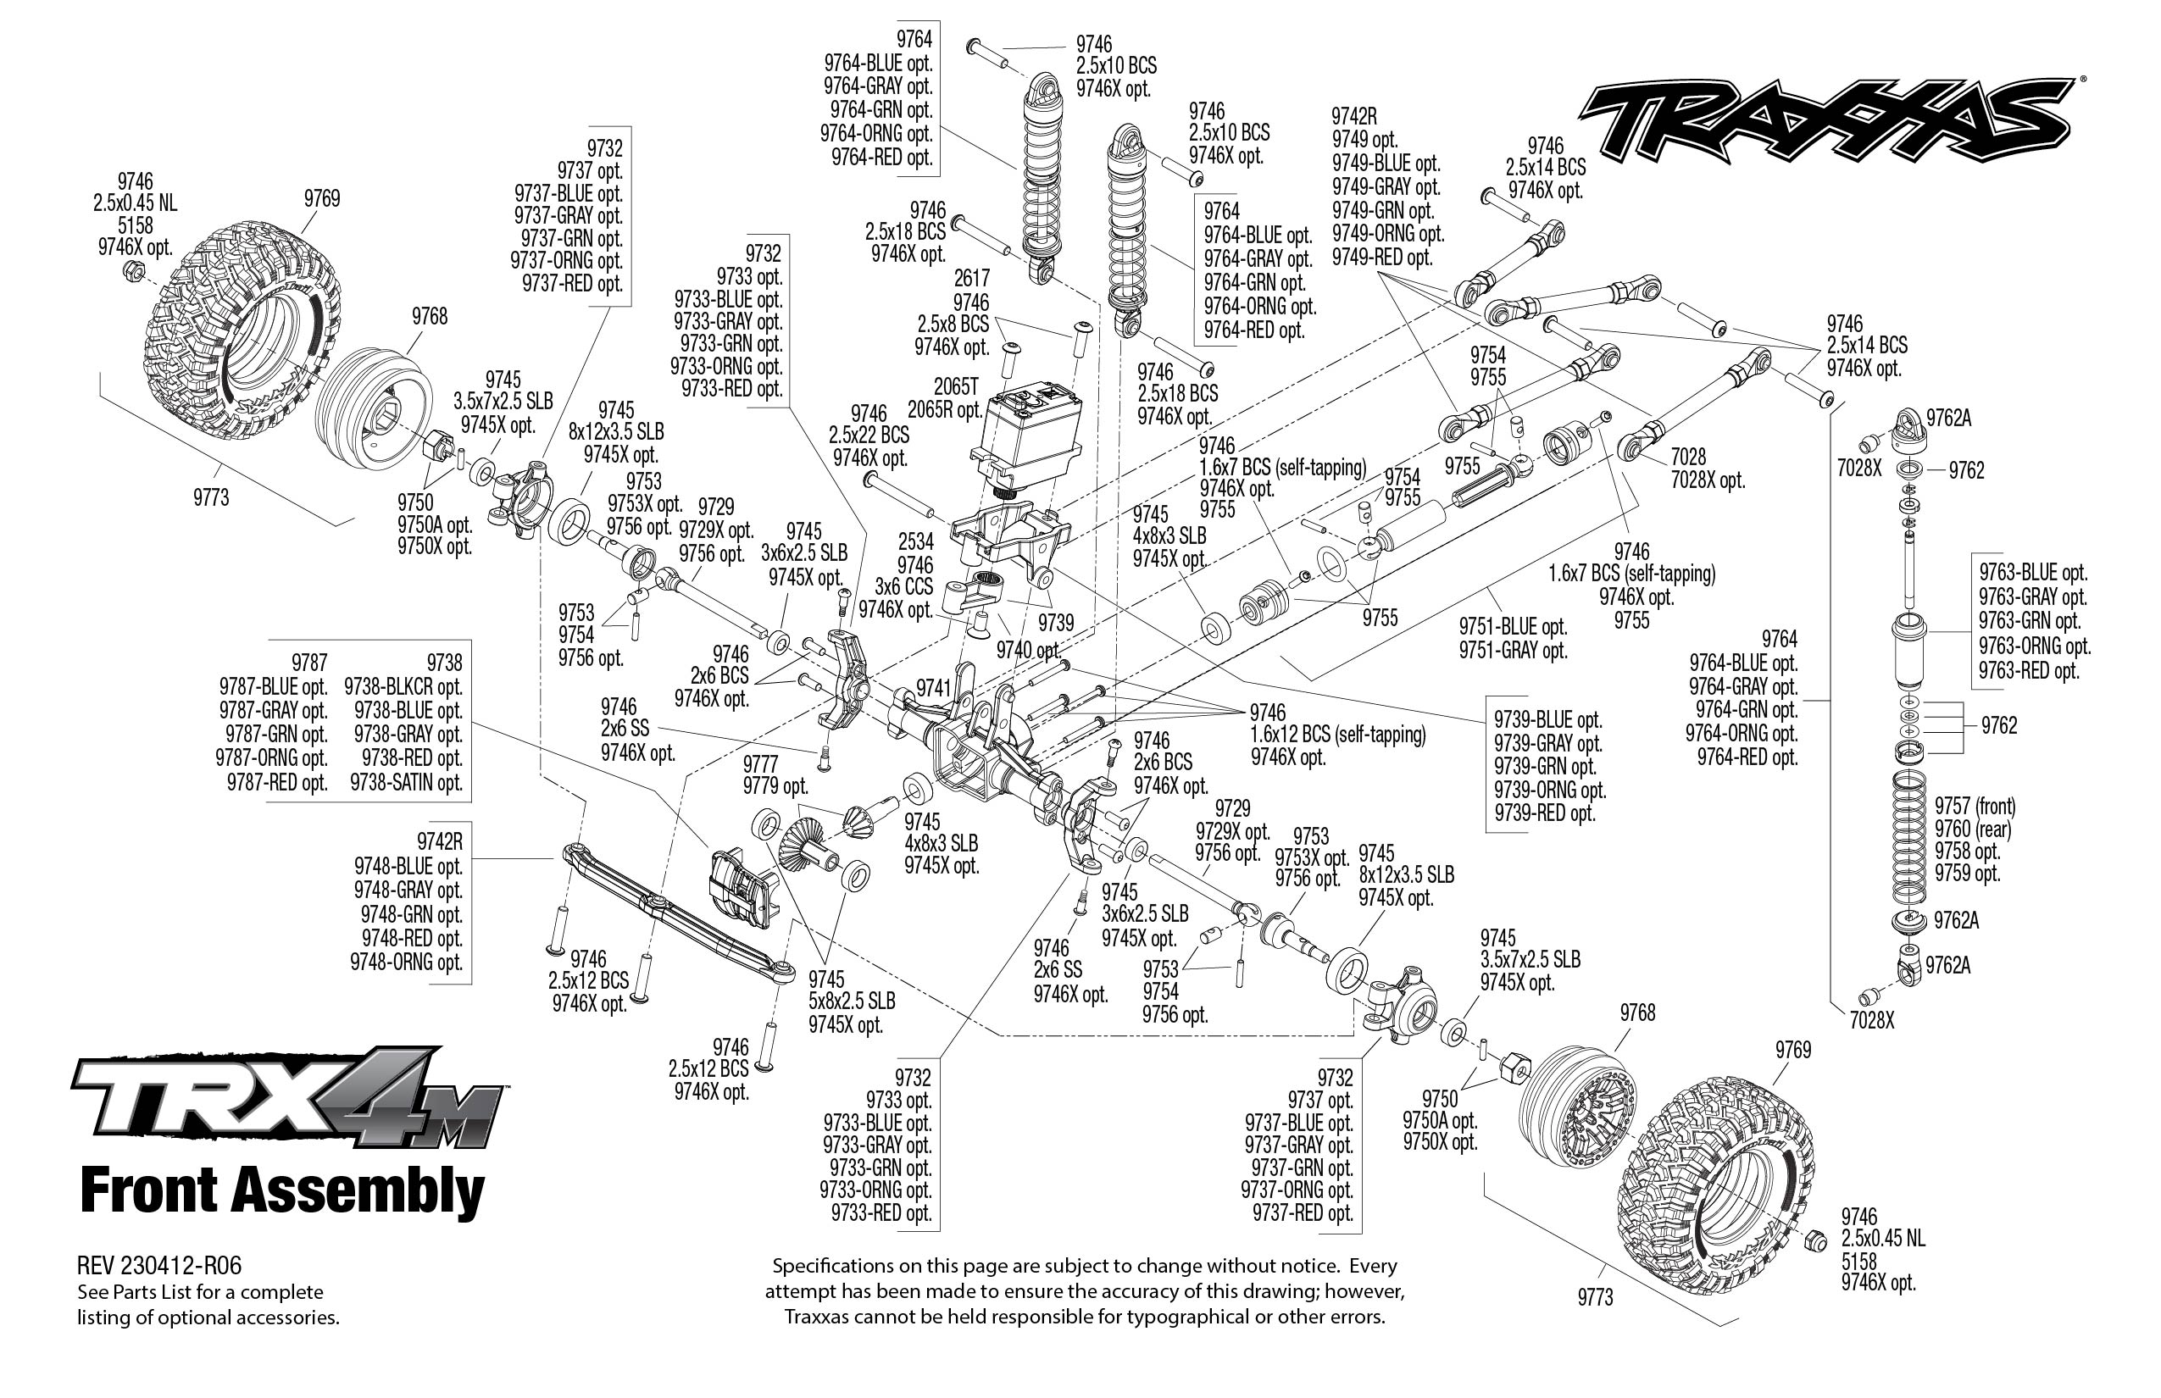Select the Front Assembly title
pos(282,1191)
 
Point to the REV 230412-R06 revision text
pos(159,1264)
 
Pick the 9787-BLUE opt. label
pos(272,686)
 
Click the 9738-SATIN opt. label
pos(406,781)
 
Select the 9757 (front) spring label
pos(1975,806)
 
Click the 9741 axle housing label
pos(932,688)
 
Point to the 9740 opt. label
pos(1028,650)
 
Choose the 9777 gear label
pos(760,763)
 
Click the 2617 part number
pos(970,278)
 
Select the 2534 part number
pos(915,542)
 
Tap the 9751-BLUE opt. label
pos(1513,626)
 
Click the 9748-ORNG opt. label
pos(407,962)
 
